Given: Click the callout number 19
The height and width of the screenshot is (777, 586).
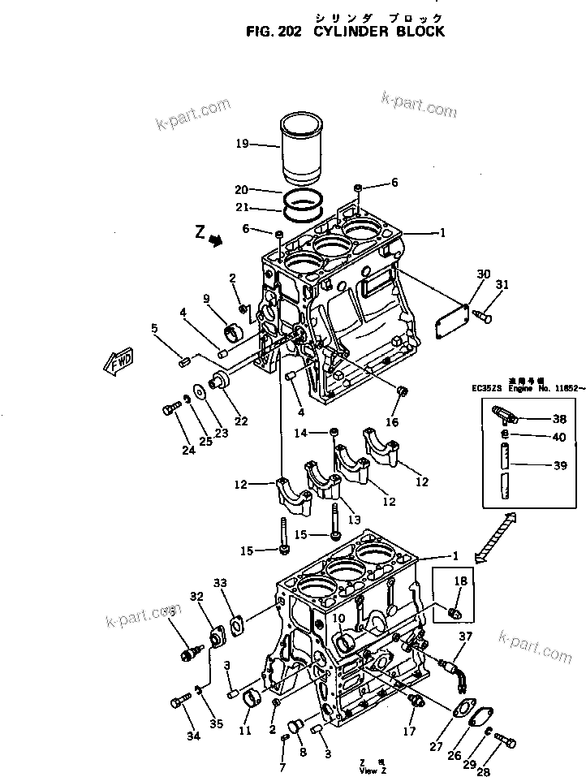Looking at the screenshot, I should click(x=242, y=145).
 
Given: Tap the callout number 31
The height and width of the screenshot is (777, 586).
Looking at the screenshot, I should click(x=502, y=283).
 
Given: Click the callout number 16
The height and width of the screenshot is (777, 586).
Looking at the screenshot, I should click(x=392, y=422).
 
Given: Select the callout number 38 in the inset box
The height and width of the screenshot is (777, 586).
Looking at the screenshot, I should click(x=559, y=420).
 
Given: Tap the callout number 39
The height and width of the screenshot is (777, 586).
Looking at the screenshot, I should click(x=559, y=467).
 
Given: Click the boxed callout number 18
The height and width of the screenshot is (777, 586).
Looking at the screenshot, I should click(x=460, y=581).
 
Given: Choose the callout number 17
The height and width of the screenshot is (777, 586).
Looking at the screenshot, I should click(x=409, y=731).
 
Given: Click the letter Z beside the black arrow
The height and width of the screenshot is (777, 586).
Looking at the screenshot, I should click(x=200, y=232).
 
